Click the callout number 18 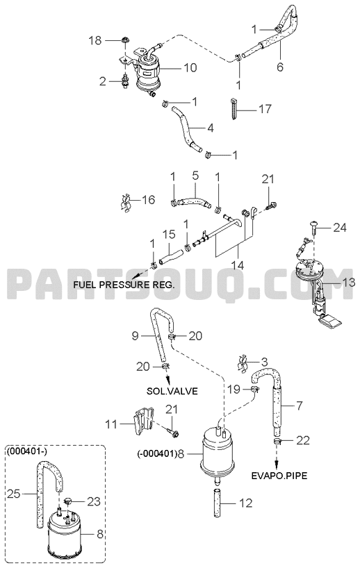[x=95, y=40]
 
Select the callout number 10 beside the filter [x=190, y=67]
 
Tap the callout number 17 [x=265, y=108]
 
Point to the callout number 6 [x=280, y=67]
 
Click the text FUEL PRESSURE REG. [x=124, y=285]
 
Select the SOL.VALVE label [x=172, y=391]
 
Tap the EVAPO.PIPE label [x=279, y=475]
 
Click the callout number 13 [x=349, y=282]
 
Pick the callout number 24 [x=340, y=228]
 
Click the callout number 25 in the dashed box [x=14, y=494]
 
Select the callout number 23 [x=94, y=501]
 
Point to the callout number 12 [x=246, y=503]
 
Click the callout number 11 [x=112, y=424]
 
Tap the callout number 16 [x=148, y=199]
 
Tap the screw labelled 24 [x=313, y=227]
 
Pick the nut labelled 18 [x=125, y=40]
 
